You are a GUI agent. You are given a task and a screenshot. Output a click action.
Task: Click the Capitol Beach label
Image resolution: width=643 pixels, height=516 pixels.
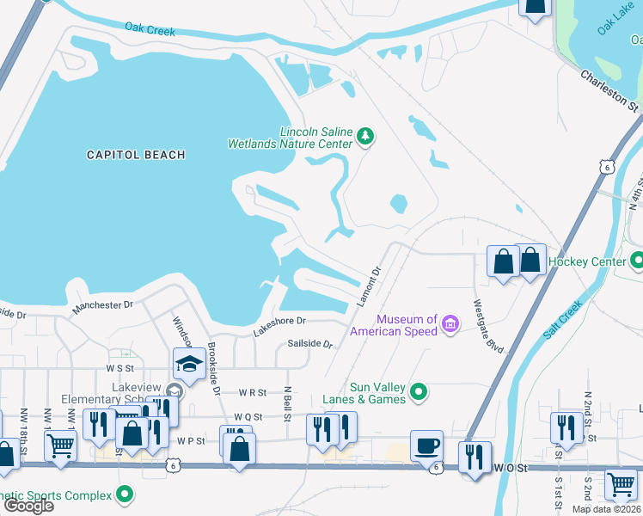click(136, 155)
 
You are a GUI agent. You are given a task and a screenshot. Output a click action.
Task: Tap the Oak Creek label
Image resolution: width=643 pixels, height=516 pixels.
click(150, 29)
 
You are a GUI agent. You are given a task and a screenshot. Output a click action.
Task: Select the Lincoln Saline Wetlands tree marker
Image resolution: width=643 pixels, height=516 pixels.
click(366, 136)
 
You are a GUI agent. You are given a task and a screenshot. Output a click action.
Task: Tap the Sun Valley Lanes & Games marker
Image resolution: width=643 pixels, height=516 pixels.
click(419, 392)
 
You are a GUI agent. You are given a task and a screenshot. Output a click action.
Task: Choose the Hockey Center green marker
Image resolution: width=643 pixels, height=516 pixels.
click(636, 260)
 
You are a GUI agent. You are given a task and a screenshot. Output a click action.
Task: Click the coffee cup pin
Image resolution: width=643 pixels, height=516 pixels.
click(426, 446)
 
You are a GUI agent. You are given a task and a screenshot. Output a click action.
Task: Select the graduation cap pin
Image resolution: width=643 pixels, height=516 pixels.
click(188, 364)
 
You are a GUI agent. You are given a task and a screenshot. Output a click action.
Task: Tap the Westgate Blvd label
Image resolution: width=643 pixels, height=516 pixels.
click(487, 325)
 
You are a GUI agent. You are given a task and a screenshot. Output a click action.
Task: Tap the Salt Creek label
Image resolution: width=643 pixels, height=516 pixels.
click(564, 319)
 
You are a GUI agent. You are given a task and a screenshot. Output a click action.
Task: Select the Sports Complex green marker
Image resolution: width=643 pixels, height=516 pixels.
click(126, 494)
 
